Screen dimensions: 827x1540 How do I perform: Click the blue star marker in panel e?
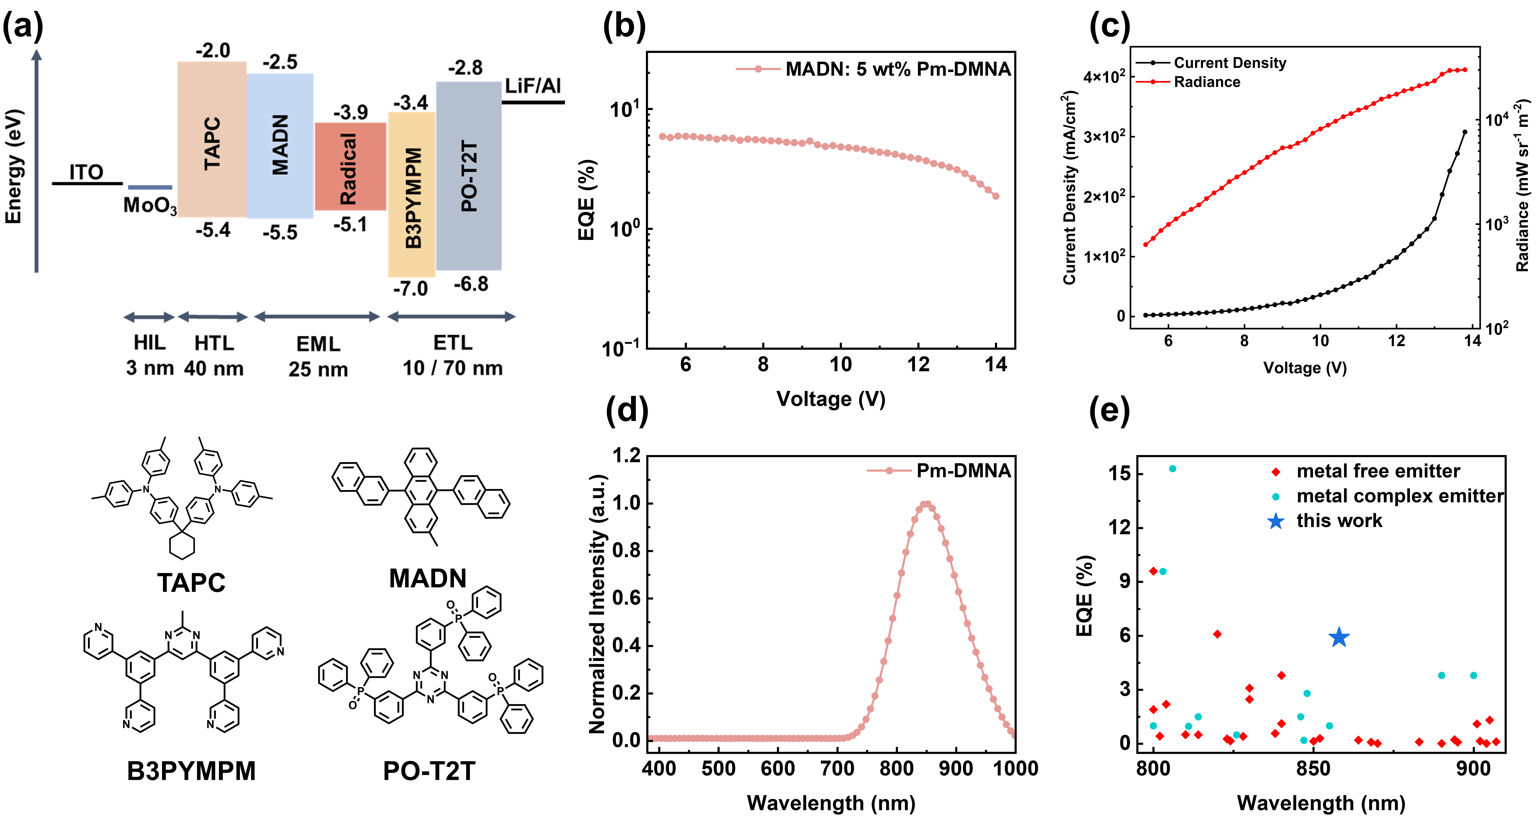click(1339, 637)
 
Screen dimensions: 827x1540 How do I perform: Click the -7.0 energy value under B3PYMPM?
click(411, 289)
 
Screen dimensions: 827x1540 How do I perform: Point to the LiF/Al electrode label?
click(533, 86)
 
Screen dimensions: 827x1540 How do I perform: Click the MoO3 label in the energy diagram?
click(149, 206)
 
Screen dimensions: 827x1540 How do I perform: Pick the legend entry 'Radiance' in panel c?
click(1206, 82)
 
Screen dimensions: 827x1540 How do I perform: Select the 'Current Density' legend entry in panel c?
click(1229, 63)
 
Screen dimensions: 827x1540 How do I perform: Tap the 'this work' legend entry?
click(1339, 521)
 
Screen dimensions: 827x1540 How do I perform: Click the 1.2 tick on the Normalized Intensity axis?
click(626, 456)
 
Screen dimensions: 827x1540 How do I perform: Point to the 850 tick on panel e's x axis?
click(1313, 768)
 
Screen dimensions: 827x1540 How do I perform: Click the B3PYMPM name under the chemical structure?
click(191, 771)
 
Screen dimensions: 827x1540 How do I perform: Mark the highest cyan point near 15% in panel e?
click(1172, 469)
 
